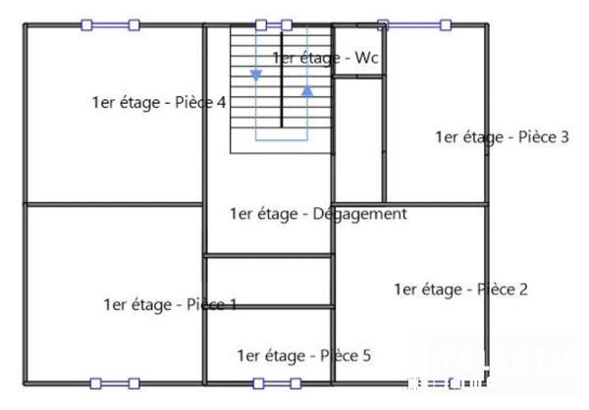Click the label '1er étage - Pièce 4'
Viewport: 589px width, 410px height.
click(x=159, y=103)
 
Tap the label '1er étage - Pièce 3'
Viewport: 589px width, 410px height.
click(x=502, y=137)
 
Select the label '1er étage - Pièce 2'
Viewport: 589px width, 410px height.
click(x=460, y=289)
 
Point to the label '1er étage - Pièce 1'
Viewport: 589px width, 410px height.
click(x=170, y=305)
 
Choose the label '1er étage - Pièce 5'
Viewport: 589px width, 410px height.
click(x=303, y=355)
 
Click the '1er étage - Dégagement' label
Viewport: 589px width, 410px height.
click(x=317, y=214)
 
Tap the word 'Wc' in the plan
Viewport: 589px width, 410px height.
click(x=366, y=59)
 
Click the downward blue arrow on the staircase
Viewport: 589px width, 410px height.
click(x=256, y=75)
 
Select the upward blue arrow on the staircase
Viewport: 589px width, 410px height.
click(x=307, y=90)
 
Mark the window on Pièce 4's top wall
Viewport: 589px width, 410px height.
click(x=109, y=26)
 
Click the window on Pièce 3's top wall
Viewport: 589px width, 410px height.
click(x=413, y=26)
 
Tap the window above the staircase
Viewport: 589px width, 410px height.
click(x=274, y=26)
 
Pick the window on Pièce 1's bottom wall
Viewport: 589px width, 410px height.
click(x=114, y=383)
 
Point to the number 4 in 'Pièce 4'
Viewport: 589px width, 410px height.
click(x=222, y=103)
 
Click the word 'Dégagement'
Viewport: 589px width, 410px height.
click(x=357, y=214)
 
